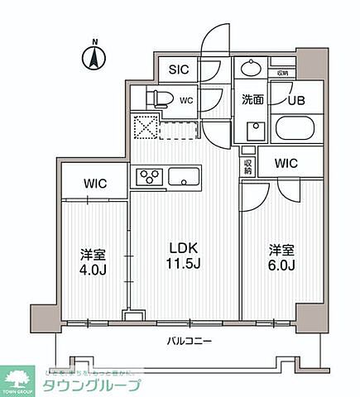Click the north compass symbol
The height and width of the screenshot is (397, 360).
(x=94, y=58)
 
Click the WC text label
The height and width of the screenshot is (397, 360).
(x=187, y=101)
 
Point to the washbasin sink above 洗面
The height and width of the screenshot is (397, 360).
(x=251, y=69)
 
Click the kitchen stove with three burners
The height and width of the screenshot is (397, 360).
(x=149, y=175)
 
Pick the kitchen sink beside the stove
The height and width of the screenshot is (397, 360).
(x=183, y=175)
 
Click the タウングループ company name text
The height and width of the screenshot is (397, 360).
(x=95, y=385)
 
